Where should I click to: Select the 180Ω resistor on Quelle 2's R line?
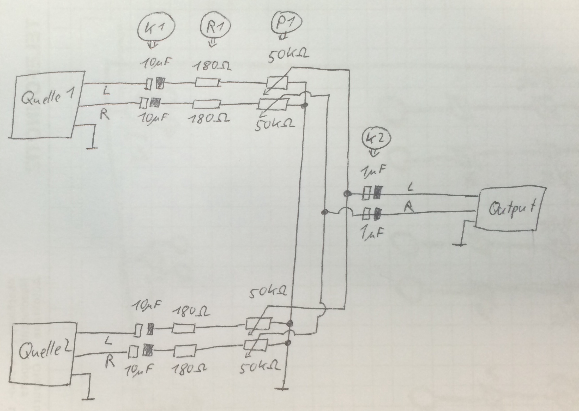click(185, 350)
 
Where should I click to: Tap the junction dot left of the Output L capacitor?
click(347, 194)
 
